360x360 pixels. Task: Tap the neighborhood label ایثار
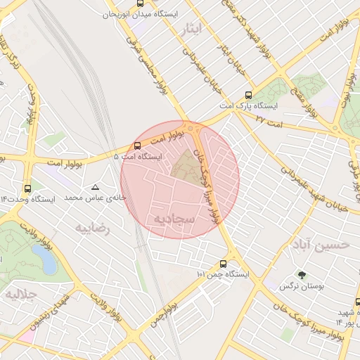tap(190, 29)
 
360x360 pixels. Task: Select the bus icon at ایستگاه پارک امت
tap(247, 95)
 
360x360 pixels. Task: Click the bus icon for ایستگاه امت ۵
tap(137, 146)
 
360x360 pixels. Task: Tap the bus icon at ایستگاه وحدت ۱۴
tap(27, 188)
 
